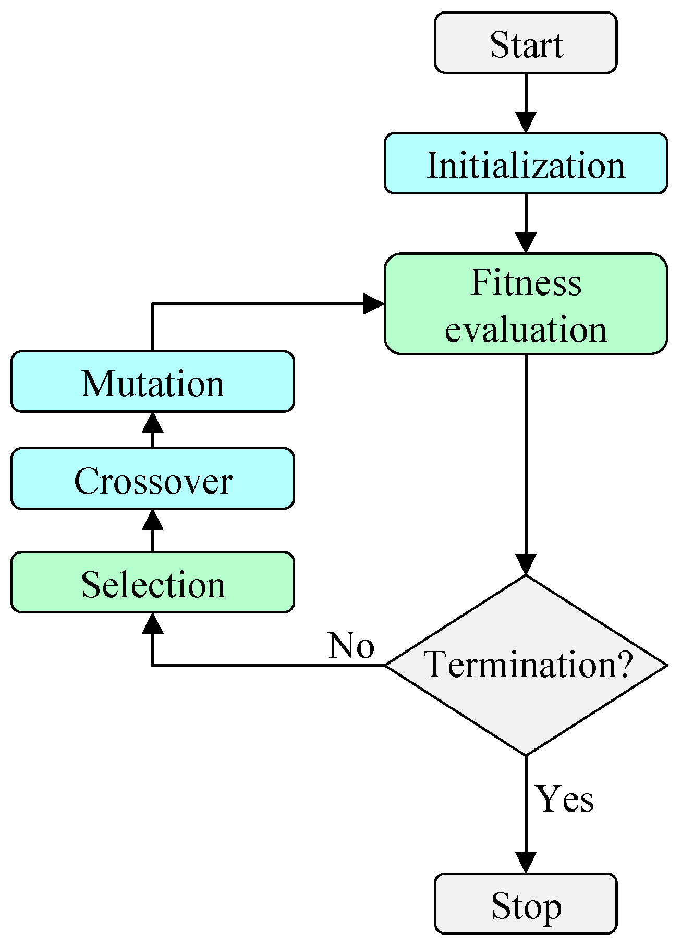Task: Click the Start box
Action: (x=526, y=43)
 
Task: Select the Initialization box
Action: (x=526, y=164)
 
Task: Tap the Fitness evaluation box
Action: (x=526, y=304)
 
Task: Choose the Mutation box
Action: (x=152, y=382)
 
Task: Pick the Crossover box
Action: (x=152, y=478)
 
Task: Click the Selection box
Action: (x=152, y=582)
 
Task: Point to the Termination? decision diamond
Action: (x=526, y=665)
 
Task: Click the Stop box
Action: (x=526, y=904)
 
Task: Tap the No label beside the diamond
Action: (x=351, y=645)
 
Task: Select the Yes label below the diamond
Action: (x=565, y=799)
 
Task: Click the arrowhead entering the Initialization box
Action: (x=526, y=122)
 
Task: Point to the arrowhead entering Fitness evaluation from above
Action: (x=526, y=243)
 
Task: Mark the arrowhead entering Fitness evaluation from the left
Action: (x=373, y=304)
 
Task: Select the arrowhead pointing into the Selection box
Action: (x=152, y=623)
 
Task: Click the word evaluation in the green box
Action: (x=526, y=329)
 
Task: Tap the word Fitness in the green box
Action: (x=526, y=282)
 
